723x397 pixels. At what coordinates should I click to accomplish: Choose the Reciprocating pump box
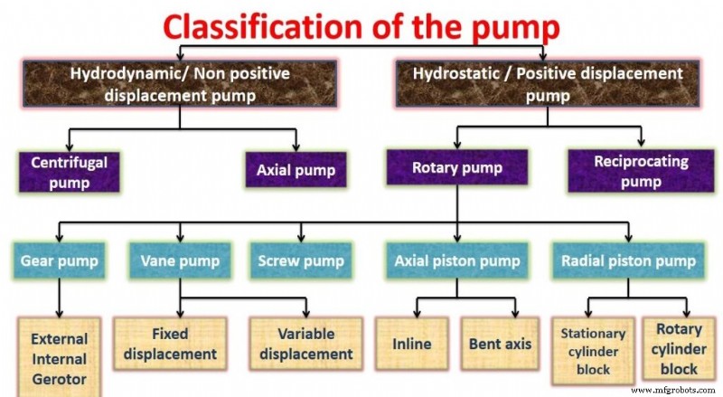641,170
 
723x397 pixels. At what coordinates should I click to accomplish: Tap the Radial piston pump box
628,261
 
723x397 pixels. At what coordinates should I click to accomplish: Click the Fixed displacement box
172,344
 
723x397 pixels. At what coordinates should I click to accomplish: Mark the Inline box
412,344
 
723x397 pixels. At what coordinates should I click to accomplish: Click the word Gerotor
59,375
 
